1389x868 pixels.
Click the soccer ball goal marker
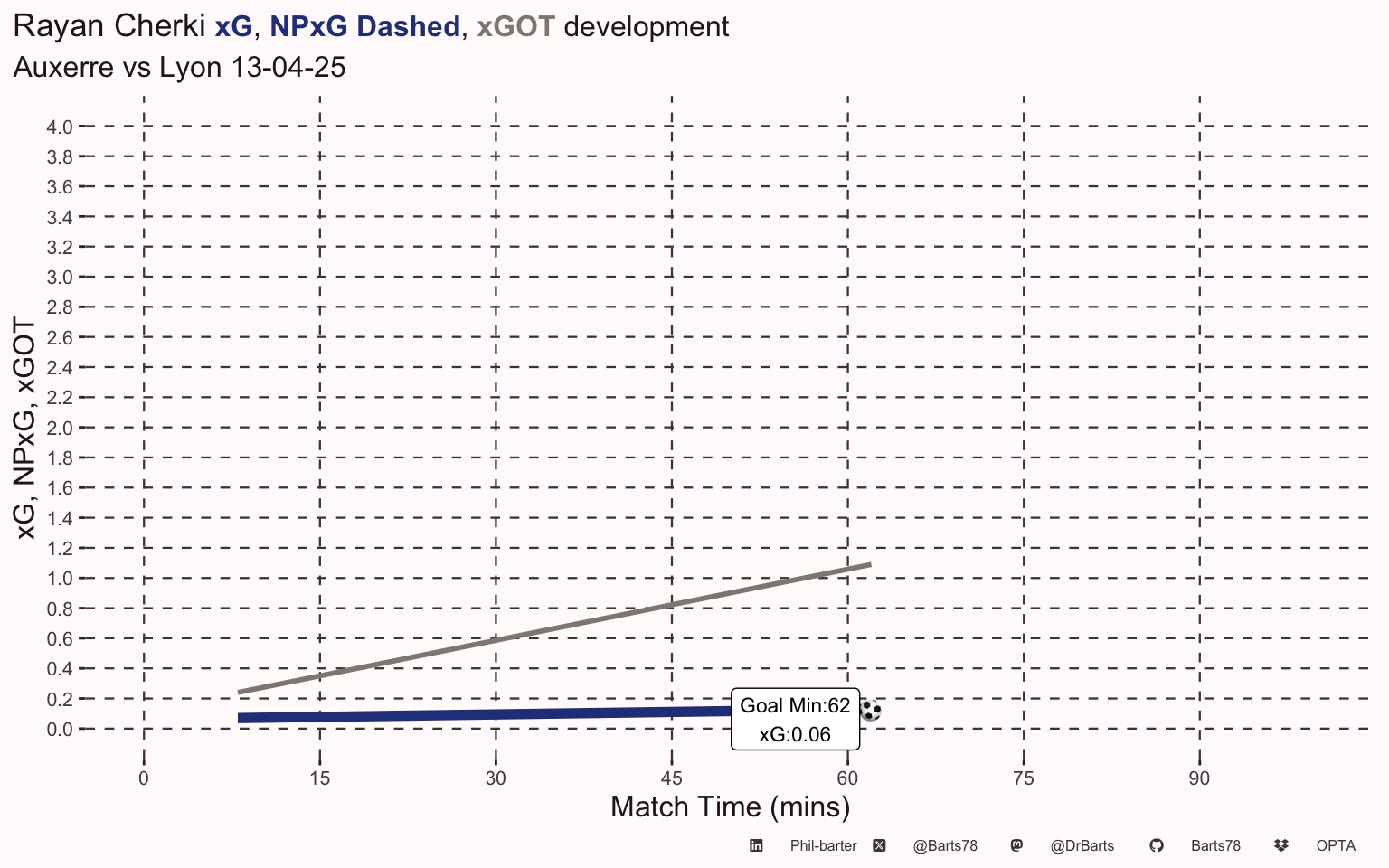[870, 711]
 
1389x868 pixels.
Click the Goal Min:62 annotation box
[795, 719]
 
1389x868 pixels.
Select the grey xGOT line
[555, 628]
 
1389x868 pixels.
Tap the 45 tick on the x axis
[672, 778]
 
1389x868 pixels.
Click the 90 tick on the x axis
[1199, 778]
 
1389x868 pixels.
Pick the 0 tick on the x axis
[144, 778]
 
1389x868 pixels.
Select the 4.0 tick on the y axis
[60, 127]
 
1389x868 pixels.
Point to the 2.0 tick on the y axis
[60, 428]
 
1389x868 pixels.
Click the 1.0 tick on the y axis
[60, 579]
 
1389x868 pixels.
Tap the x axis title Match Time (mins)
[731, 807]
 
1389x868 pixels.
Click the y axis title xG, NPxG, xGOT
[25, 428]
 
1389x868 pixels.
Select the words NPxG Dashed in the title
[364, 26]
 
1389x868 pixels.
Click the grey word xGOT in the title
[516, 26]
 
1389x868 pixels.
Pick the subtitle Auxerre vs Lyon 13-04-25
[179, 67]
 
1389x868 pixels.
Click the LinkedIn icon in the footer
[756, 845]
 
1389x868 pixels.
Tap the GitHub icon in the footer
[1157, 845]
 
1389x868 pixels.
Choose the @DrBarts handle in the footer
[1082, 846]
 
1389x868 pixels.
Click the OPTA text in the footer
[1336, 846]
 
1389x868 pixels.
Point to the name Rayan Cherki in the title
[109, 26]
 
